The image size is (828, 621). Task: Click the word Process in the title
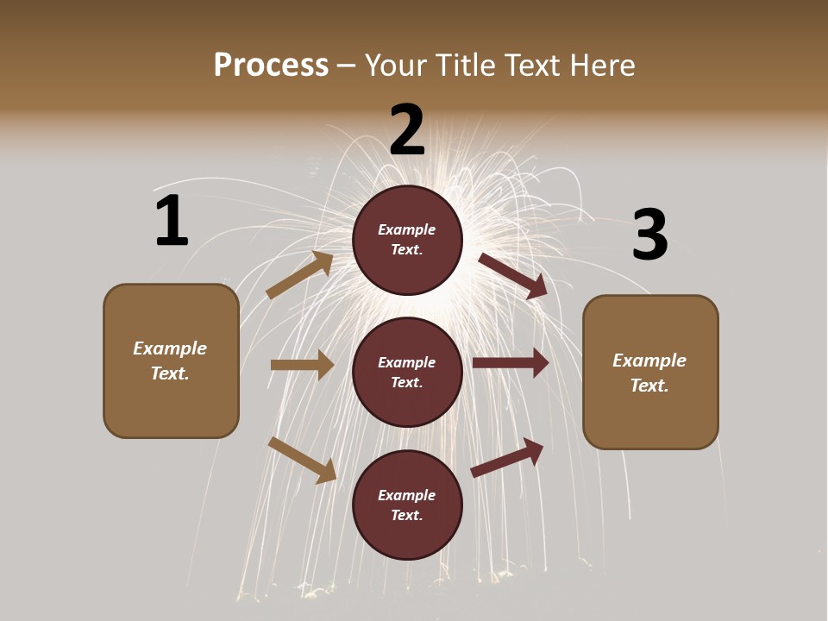point(271,66)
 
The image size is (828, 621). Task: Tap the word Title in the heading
point(462,66)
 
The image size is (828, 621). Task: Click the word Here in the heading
point(601,66)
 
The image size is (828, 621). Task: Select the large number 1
point(172,221)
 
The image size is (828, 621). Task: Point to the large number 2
point(407,130)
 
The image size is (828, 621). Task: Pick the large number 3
point(649,235)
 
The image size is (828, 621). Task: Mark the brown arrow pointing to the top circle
point(300,274)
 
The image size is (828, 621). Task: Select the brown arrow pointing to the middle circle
point(303,365)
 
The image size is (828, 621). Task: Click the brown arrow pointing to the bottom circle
point(303,460)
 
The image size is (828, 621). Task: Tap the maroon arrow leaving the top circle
point(513,275)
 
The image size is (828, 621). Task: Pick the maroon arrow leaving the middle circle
point(511,363)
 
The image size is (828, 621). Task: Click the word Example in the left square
point(170,348)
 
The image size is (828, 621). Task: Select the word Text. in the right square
point(649,386)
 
